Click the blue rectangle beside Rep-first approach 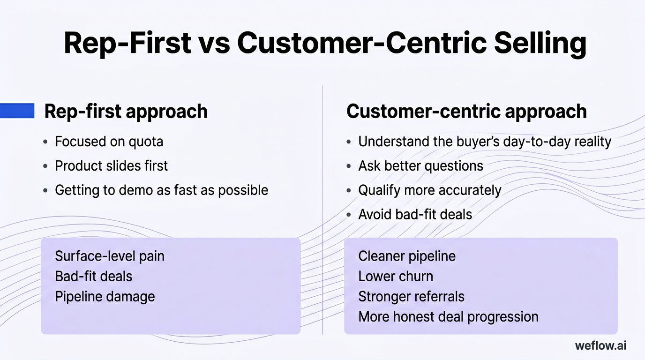(x=17, y=111)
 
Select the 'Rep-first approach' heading (x=126, y=112)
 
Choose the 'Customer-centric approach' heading (x=466, y=112)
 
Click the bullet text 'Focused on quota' (x=109, y=142)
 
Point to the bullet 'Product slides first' (x=111, y=166)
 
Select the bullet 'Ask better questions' (x=420, y=166)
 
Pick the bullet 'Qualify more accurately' (x=429, y=190)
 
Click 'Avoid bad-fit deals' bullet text (x=415, y=215)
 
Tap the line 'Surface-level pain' (x=110, y=256)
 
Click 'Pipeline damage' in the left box (x=105, y=297)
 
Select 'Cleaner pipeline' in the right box (x=407, y=256)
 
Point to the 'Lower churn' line (x=396, y=277)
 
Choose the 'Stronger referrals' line (x=411, y=297)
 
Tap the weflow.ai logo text (x=600, y=346)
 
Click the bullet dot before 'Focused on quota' (x=45, y=142)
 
